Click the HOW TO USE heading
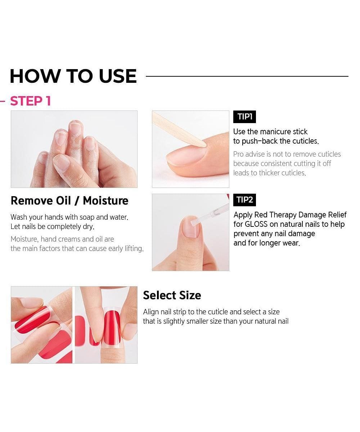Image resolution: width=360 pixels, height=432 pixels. click(x=73, y=76)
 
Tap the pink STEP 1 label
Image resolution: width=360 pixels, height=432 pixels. click(x=30, y=101)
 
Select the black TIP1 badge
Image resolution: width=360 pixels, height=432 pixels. click(x=244, y=117)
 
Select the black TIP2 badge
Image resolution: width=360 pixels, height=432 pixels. click(x=244, y=200)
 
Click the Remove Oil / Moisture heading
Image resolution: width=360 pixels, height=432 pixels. click(x=69, y=201)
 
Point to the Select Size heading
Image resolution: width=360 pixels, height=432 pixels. click(x=172, y=296)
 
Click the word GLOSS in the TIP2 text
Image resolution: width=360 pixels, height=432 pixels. click(x=256, y=224)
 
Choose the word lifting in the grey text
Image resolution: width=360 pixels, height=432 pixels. click(x=134, y=248)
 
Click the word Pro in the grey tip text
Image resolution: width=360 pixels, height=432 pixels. click(x=238, y=154)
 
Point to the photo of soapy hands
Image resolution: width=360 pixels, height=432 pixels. click(x=74, y=149)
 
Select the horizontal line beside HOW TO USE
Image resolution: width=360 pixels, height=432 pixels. click(x=247, y=76)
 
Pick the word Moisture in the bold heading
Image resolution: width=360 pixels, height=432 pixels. click(x=106, y=201)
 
